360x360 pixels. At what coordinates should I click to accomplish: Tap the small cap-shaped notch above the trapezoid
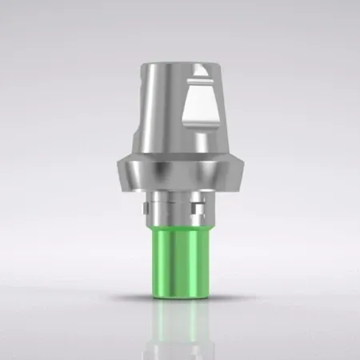[x=202, y=81]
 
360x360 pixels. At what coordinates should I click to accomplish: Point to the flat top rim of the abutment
[x=182, y=63]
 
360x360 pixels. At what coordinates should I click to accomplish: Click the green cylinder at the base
[x=180, y=260]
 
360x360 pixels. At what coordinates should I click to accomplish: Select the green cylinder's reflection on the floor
[x=180, y=328]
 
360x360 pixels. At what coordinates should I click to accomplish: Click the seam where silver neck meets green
[x=180, y=228]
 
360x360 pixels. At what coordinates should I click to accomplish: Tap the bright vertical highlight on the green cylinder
[x=166, y=260]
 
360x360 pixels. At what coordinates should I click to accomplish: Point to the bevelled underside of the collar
[x=180, y=186]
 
